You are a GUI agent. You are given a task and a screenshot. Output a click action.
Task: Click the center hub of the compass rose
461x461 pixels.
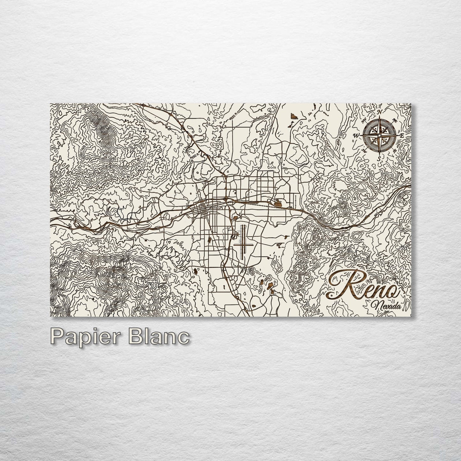379,135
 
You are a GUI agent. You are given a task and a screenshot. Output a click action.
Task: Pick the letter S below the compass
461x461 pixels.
378,158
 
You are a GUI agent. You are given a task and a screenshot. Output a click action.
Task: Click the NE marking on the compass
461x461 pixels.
394,121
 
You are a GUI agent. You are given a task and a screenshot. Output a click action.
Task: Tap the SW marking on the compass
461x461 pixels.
364,150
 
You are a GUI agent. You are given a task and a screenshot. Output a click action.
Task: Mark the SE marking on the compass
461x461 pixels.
394,150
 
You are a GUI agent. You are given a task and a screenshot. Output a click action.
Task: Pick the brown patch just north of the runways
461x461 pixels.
235,217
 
